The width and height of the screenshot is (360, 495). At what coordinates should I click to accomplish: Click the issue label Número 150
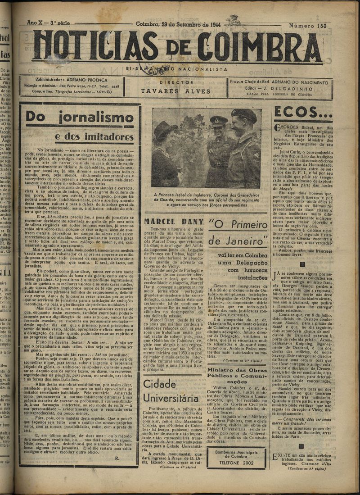pyautogui.click(x=308, y=26)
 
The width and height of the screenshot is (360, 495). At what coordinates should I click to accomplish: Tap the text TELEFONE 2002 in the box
pyautogui.click(x=236, y=462)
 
